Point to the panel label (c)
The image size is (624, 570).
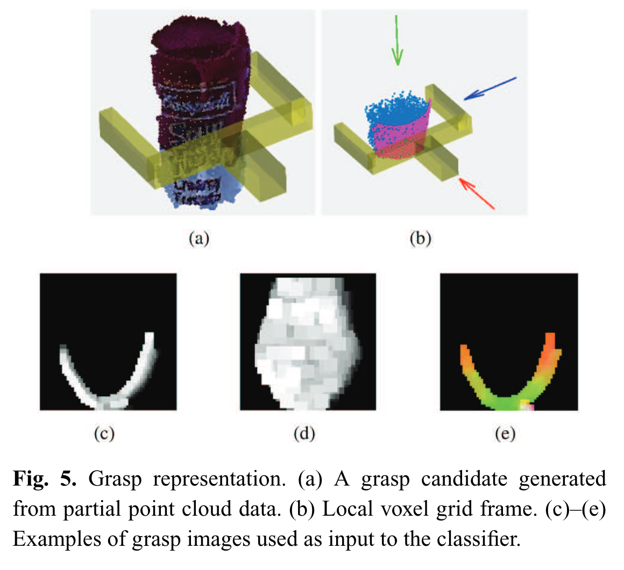click(x=104, y=433)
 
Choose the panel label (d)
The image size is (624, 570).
click(x=304, y=433)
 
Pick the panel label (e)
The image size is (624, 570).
click(x=505, y=433)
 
